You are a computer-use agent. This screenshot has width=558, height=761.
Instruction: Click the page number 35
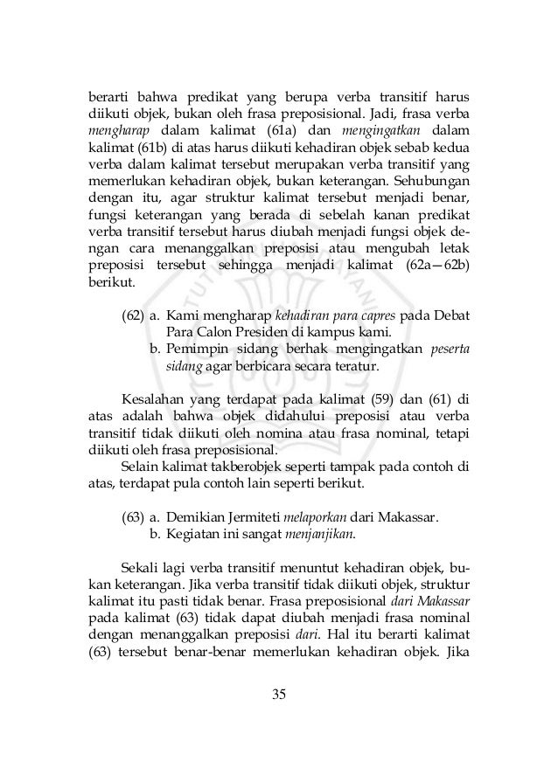pyautogui.click(x=279, y=695)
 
